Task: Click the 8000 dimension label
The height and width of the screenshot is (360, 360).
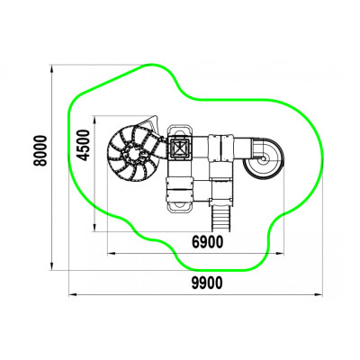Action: click(40, 150)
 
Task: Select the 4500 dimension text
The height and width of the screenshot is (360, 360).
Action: click(83, 145)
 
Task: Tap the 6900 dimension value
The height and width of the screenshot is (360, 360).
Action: click(208, 242)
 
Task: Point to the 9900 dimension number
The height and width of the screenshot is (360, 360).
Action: click(207, 283)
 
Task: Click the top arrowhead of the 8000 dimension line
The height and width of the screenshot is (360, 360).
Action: click(52, 68)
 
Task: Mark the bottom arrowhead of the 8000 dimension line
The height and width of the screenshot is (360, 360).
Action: click(52, 266)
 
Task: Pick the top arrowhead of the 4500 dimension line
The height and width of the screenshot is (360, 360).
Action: click(94, 120)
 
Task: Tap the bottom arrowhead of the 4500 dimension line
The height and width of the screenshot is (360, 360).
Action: click(94, 228)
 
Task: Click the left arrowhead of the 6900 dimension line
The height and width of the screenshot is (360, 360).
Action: click(112, 254)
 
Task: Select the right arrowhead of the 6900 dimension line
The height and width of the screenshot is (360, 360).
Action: click(280, 254)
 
